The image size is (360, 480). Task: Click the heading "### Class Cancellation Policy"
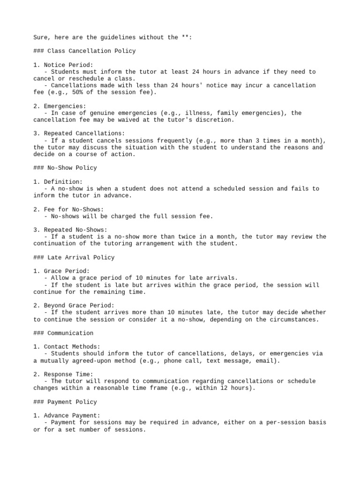(x=84, y=51)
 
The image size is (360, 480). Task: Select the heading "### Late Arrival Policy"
(x=74, y=257)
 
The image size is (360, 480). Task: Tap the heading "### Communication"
(x=63, y=333)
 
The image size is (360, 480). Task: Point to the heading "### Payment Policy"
(x=65, y=402)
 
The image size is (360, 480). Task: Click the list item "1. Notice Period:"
(x=63, y=65)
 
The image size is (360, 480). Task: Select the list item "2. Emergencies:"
(x=60, y=106)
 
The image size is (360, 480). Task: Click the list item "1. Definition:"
(x=58, y=182)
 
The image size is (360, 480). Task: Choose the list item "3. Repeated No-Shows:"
(x=70, y=230)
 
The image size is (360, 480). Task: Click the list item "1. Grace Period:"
(x=61, y=271)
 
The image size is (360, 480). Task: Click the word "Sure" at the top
(x=41, y=37)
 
